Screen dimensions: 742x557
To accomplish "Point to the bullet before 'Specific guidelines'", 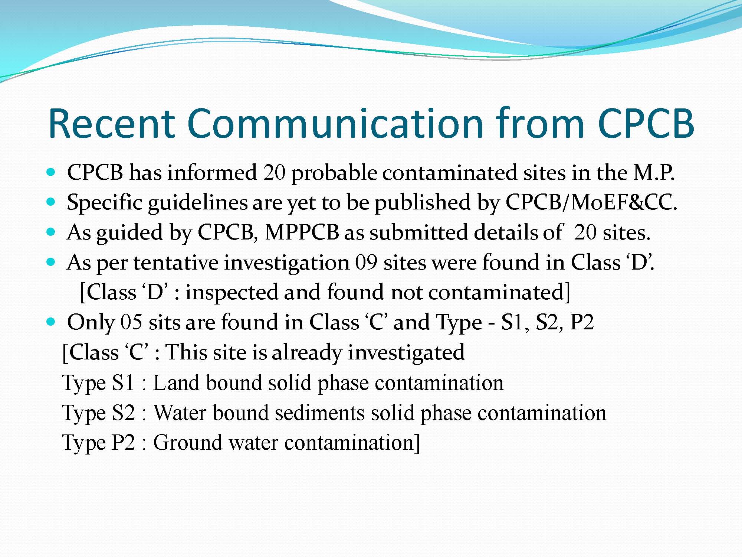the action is point(51,202).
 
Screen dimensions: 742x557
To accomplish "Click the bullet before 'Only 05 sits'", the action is point(51,322).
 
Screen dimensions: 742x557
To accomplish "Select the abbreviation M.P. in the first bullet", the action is point(654,172).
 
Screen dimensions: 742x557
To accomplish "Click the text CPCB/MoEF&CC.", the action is point(591,203).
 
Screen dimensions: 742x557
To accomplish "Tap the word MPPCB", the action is point(302,232).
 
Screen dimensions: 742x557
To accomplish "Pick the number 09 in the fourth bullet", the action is point(366,262).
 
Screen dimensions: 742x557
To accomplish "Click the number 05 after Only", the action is point(131,322).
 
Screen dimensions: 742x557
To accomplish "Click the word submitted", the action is point(418,232).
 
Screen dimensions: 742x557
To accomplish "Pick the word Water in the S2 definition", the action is point(180,413).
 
